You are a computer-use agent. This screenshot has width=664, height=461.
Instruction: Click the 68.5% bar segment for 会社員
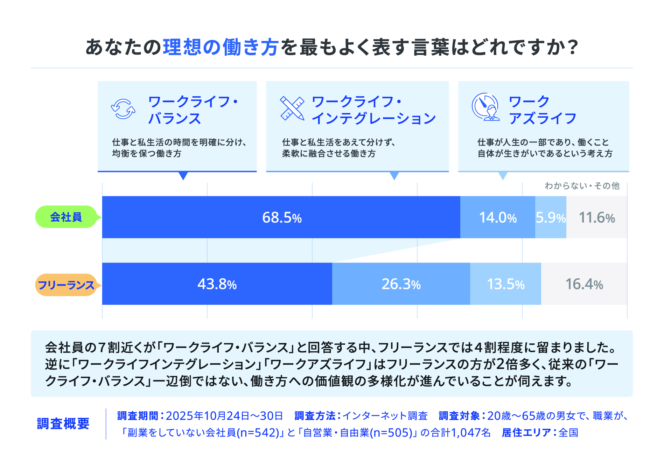(x=281, y=217)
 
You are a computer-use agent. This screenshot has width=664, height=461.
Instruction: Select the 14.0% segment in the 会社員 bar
(x=497, y=217)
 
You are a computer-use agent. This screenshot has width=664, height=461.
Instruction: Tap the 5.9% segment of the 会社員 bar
(x=550, y=217)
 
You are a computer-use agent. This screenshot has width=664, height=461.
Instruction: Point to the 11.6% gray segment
(x=596, y=217)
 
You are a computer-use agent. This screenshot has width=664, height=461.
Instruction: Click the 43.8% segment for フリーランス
(x=217, y=284)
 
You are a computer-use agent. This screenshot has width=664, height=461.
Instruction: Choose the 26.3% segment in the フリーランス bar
(x=401, y=284)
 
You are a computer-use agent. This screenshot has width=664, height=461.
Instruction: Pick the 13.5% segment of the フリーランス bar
(x=505, y=284)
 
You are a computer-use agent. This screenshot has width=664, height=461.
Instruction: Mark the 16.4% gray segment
(x=584, y=284)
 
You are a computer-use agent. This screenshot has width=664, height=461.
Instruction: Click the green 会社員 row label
(x=66, y=217)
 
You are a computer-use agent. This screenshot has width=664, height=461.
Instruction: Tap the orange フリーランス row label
(x=66, y=285)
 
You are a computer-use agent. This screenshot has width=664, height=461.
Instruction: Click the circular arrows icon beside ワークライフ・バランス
(x=123, y=109)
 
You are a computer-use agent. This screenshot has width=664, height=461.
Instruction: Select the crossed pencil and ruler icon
(x=292, y=109)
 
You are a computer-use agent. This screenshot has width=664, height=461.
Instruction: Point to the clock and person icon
(x=485, y=107)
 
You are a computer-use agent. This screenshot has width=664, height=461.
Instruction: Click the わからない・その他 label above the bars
(x=582, y=186)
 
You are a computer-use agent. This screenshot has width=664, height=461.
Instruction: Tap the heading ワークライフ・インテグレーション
(x=373, y=110)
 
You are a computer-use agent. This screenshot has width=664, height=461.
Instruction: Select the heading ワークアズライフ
(x=542, y=110)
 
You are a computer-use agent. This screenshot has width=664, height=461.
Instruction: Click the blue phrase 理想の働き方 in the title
(x=221, y=47)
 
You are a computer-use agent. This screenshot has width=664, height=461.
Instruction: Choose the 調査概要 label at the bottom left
(x=63, y=424)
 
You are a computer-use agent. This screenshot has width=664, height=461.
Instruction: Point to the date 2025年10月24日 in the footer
(x=207, y=416)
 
